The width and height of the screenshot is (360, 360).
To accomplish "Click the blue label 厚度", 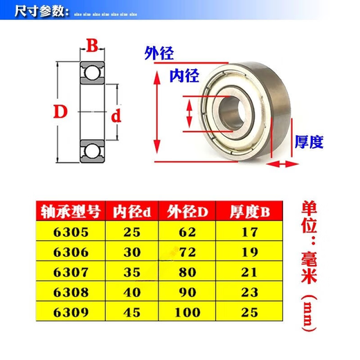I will pos(309,142).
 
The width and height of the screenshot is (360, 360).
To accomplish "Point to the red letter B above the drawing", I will pos(91,46).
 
